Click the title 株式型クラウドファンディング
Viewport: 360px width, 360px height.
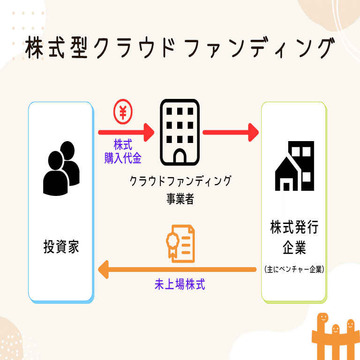180,48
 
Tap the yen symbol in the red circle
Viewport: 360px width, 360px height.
123,112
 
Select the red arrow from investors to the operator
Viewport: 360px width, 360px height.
126,133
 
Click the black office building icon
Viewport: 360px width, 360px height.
180,133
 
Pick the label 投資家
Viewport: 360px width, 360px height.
61,247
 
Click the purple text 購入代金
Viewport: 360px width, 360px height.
123,158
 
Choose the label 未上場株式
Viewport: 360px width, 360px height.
180,285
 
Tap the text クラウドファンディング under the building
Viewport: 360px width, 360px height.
180,180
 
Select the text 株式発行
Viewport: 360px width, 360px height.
294,228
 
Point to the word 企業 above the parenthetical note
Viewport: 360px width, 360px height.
294,247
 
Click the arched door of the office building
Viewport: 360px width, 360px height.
180,157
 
